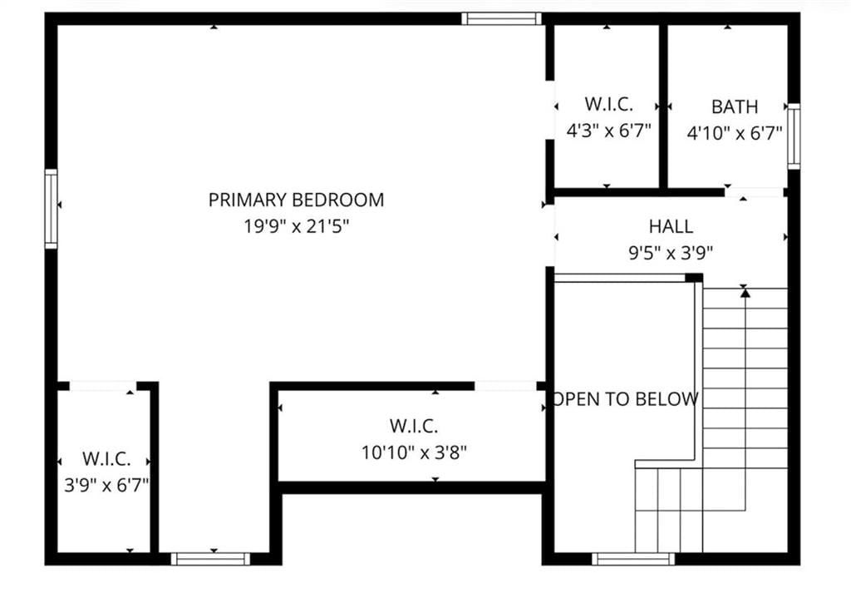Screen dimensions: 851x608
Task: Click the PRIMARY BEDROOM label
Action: tap(296, 200)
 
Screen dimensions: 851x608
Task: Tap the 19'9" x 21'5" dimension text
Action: tap(296, 226)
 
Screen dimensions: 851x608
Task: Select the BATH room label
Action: tap(735, 106)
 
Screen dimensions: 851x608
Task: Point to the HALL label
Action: tap(671, 226)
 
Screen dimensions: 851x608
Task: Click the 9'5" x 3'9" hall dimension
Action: tap(671, 253)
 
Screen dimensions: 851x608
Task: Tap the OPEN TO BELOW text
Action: tap(625, 399)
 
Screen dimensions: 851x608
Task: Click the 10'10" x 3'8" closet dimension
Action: tap(414, 452)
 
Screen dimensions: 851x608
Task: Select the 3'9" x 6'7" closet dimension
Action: tap(106, 485)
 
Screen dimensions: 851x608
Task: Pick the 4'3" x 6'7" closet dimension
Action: tap(608, 131)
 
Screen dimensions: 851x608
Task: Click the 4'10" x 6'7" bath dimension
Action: tap(735, 132)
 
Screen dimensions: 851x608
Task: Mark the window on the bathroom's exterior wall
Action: tap(794, 136)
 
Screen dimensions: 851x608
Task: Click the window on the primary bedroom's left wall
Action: tap(51, 209)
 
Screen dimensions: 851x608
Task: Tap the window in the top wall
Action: tap(501, 18)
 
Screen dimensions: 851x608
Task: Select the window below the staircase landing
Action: tap(632, 559)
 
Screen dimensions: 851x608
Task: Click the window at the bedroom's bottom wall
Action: tap(210, 559)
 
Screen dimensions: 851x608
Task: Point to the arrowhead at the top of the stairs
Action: tap(745, 293)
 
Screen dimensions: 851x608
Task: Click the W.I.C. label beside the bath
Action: tap(608, 104)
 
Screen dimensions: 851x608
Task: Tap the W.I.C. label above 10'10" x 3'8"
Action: tap(414, 426)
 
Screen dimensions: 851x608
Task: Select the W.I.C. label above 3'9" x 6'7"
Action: tap(106, 458)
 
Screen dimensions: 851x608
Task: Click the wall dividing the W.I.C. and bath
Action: tap(663, 106)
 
